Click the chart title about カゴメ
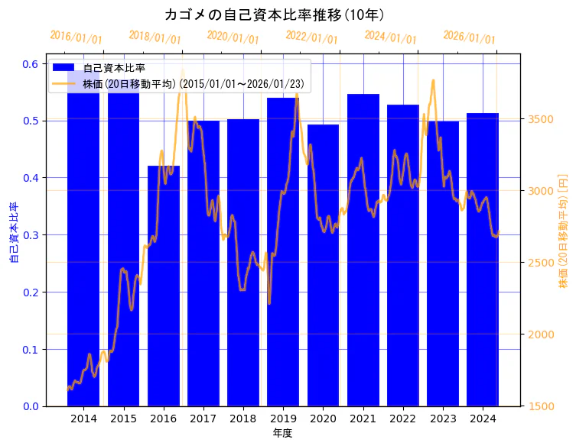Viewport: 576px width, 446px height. pyautogui.click(x=274, y=15)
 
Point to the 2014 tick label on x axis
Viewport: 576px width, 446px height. pyautogui.click(x=83, y=419)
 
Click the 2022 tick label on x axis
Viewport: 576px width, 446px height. pyautogui.click(x=403, y=419)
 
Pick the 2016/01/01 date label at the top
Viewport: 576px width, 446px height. pyautogui.click(x=76, y=37)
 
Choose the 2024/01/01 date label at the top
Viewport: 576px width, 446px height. pyautogui.click(x=390, y=37)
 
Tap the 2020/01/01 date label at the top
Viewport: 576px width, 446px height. pyautogui.click(x=233, y=37)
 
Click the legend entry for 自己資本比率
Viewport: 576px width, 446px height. pyautogui.click(x=115, y=68)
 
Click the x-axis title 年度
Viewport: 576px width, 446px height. pyautogui.click(x=282, y=433)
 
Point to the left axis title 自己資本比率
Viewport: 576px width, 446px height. pyautogui.click(x=13, y=233)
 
